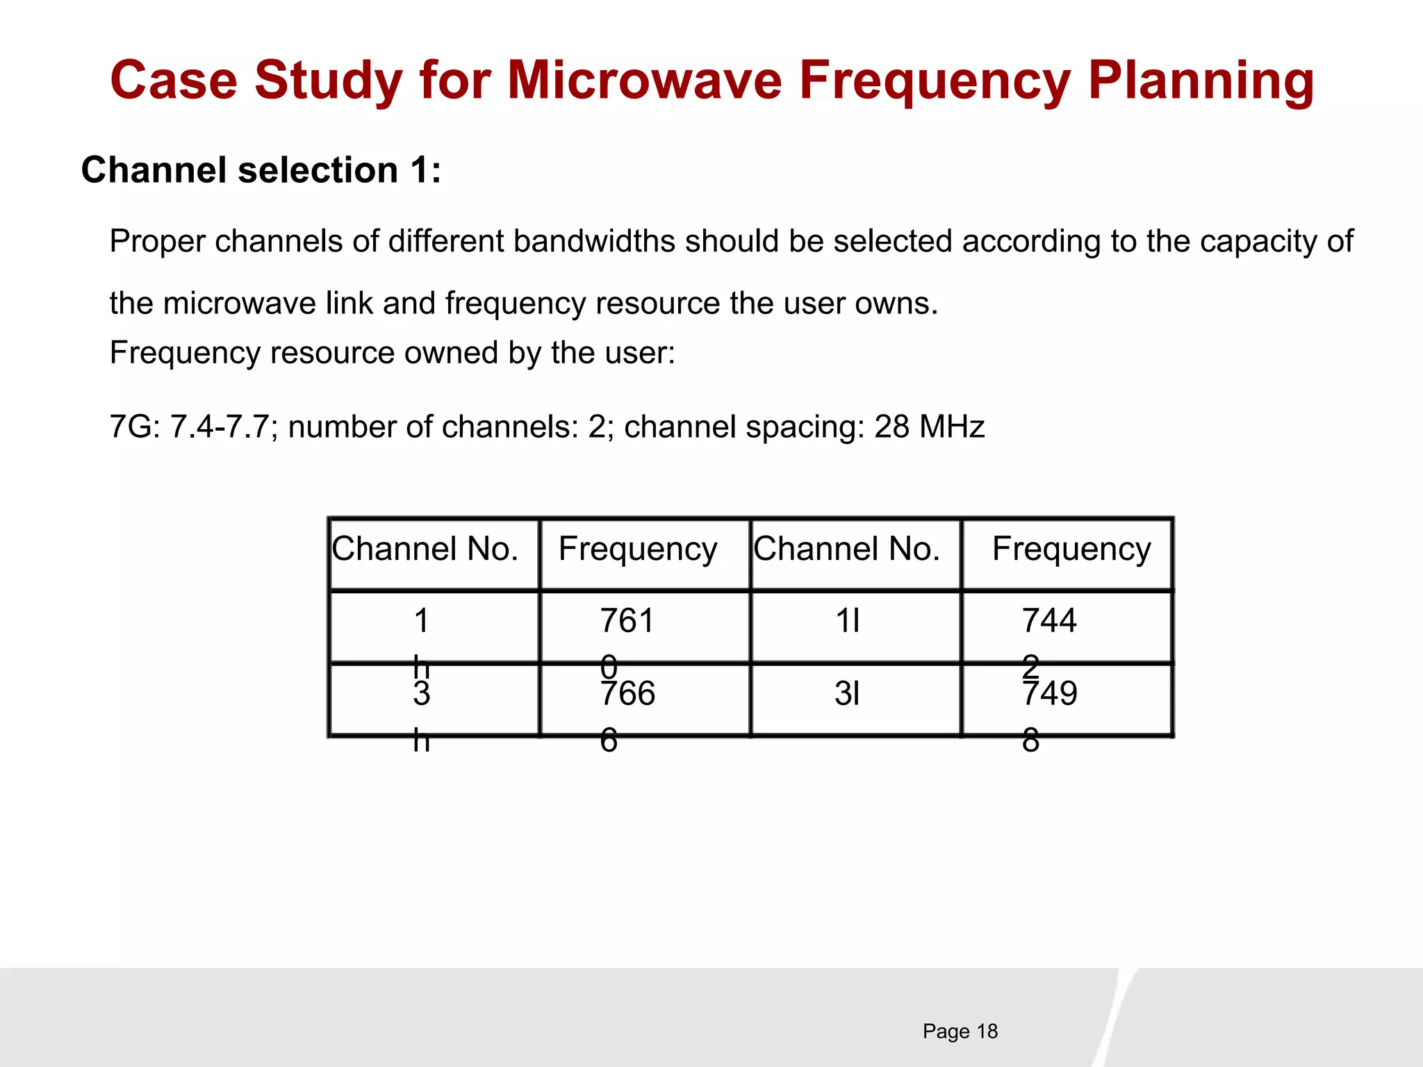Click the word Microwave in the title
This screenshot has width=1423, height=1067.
tap(645, 81)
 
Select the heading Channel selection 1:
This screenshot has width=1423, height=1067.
tap(261, 170)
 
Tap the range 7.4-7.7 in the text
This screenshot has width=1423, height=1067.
tap(219, 427)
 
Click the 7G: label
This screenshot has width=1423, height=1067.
tap(135, 427)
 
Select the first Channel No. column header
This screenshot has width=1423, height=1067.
tap(425, 549)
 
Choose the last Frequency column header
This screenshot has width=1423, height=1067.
tap(1071, 550)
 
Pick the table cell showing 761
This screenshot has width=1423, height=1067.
tap(627, 620)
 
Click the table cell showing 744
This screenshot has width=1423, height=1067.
tap(1049, 620)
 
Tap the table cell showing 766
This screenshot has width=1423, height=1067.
tap(627, 693)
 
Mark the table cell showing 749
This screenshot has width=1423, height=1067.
tap(1049, 693)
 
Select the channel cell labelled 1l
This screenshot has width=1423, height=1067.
tap(847, 620)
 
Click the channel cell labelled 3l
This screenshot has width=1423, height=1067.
tap(847, 693)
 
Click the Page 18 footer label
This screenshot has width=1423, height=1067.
tap(960, 1031)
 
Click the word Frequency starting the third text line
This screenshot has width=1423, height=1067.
tap(184, 353)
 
